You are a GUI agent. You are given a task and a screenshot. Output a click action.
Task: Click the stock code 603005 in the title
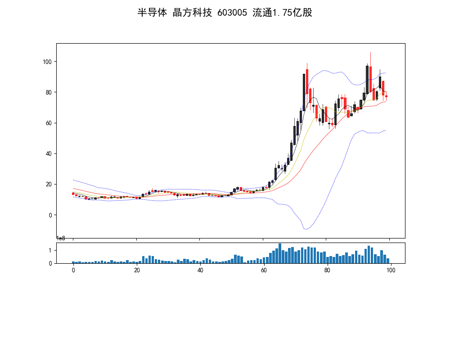coord(232,13)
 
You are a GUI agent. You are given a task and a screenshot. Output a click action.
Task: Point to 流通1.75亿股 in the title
coord(283,13)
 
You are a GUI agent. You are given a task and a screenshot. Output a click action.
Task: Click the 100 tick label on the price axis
coord(47,62)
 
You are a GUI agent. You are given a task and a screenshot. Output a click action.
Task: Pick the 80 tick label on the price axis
coord(49,92)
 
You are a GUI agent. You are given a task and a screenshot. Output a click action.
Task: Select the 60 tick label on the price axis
coord(49,123)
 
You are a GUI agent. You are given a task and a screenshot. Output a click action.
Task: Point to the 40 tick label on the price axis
coord(49,153)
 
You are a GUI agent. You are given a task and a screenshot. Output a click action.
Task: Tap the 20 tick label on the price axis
coord(49,184)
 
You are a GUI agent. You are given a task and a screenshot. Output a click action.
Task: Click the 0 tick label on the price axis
coord(50,215)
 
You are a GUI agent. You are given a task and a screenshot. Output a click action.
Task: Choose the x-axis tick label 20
coord(137,270)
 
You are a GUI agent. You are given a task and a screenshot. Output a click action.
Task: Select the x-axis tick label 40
coord(200,270)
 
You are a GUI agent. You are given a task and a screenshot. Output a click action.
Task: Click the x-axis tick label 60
coord(264,270)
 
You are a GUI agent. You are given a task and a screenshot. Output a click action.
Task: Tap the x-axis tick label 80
coord(327,270)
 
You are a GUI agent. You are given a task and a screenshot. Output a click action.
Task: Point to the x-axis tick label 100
coord(391,270)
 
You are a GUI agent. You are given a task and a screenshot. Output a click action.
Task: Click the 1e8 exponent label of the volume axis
coord(61,238)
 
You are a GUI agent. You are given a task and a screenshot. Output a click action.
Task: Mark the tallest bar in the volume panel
coord(279,253)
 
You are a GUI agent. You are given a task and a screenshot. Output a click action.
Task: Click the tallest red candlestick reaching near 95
coord(307,81)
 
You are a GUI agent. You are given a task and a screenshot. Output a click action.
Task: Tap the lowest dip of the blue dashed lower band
coord(306,229)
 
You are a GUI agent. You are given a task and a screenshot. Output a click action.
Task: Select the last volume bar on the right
coord(387,261)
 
